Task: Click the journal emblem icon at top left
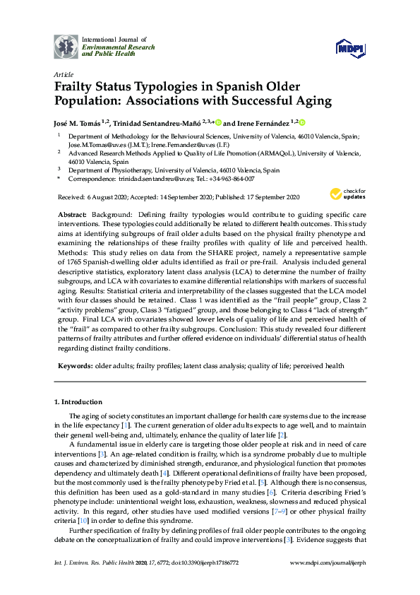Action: pos(66,47)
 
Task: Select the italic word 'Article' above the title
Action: pos(63,73)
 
